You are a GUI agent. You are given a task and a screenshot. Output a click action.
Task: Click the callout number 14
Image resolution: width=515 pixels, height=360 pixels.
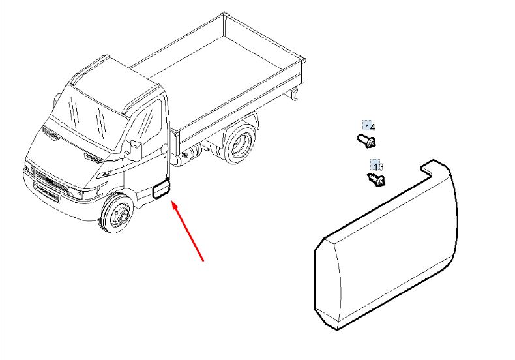coord(370,127)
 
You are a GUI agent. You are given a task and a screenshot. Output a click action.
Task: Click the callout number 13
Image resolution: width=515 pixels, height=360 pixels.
coord(378,167)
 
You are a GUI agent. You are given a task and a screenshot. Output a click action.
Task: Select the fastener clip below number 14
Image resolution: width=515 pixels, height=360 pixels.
coord(366,141)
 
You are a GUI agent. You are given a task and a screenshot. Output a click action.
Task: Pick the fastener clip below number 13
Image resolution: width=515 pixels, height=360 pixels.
coord(376,179)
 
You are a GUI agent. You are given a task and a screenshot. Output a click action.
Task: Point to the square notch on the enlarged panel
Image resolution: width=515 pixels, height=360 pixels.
coord(426,168)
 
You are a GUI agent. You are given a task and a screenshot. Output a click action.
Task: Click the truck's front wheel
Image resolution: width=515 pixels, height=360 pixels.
coord(117,213)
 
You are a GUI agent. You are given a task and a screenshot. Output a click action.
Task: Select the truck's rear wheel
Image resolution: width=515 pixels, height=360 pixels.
coord(239,143)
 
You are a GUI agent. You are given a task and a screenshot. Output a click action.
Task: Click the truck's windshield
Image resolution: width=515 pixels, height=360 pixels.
coord(89,117)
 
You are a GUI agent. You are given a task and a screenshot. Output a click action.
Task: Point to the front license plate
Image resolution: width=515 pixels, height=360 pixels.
coord(47,193)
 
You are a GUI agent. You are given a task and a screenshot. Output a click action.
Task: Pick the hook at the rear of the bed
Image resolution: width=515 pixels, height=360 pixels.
coord(295,94)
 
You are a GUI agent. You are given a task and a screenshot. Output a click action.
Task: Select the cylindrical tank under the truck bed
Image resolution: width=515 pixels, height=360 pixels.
coord(192,153)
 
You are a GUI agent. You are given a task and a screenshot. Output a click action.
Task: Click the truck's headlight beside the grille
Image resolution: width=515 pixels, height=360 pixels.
coord(83,193)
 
